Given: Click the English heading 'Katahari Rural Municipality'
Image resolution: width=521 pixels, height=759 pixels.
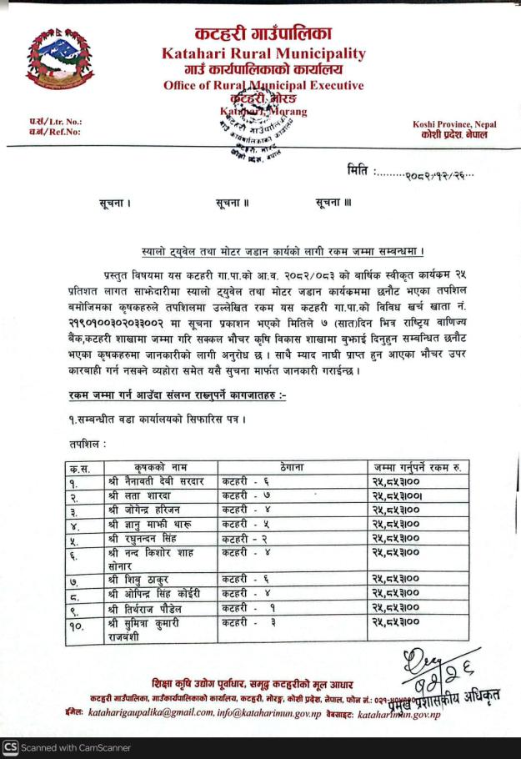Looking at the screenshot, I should tap(263, 53).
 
